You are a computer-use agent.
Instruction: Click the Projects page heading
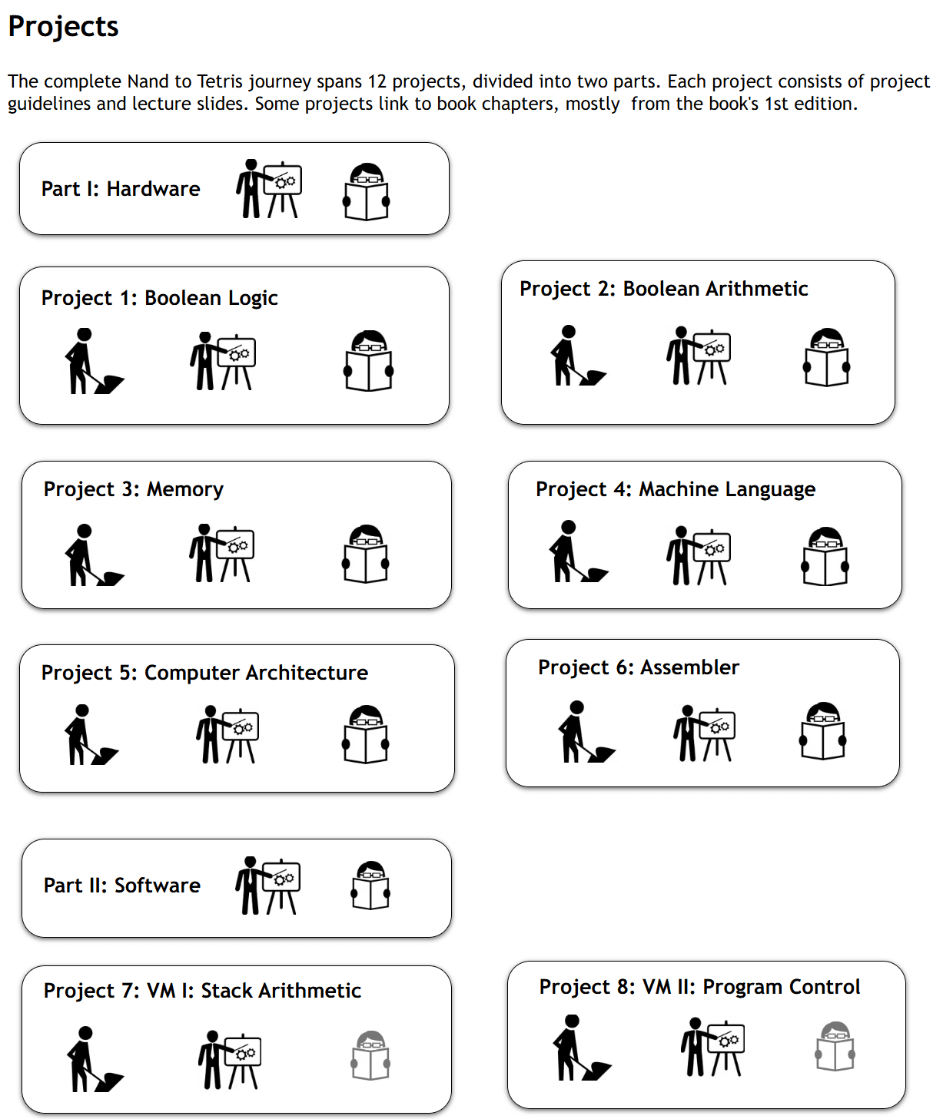pos(63,27)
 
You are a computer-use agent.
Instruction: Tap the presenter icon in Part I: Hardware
pos(268,189)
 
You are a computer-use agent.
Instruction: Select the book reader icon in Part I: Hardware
pos(366,191)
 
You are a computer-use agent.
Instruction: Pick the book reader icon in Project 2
pos(826,357)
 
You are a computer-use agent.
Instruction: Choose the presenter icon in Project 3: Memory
pos(221,553)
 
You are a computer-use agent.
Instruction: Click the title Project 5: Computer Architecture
pos(204,673)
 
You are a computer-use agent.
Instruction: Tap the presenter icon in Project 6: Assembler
pos(704,733)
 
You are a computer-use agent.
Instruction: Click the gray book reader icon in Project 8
pos(835,1046)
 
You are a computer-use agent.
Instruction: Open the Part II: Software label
pos(121,886)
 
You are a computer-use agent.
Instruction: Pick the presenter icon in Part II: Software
pos(267,886)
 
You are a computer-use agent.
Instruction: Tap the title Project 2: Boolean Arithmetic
pos(663,289)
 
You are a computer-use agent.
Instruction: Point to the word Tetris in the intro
pos(220,81)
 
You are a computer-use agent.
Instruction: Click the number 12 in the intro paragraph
pos(377,81)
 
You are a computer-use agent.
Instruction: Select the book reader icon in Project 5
pos(366,734)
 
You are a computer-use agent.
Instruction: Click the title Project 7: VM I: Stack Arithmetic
pos(202,991)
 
